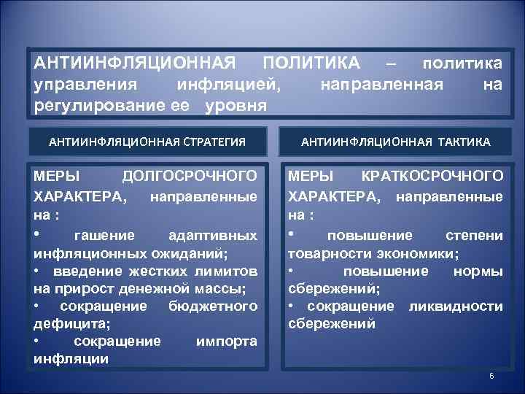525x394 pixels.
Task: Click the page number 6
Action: click(x=491, y=376)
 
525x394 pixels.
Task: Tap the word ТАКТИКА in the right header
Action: click(x=464, y=141)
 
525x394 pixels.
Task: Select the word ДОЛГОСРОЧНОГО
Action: click(x=190, y=177)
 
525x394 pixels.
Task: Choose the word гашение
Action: click(x=104, y=236)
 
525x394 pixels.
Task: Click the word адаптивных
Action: click(x=212, y=236)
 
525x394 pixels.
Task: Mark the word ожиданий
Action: click(x=193, y=253)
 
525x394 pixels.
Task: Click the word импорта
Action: click(x=227, y=341)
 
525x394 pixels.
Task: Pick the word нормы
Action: click(x=478, y=271)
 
